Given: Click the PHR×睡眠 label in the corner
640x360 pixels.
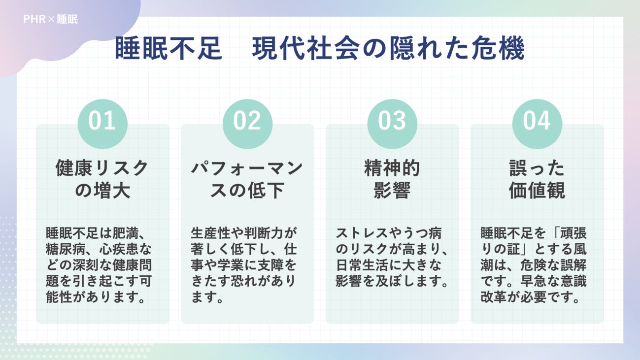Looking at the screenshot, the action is pos(50,20).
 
